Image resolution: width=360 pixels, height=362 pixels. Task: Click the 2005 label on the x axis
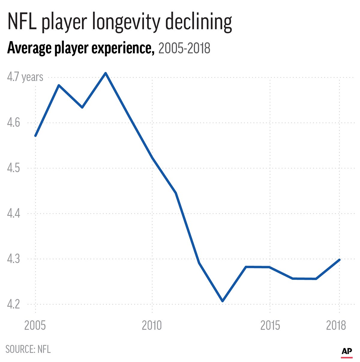(35, 325)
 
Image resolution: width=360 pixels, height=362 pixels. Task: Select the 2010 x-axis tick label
(152, 325)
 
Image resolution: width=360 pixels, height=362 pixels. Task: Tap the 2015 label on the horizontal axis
(270, 325)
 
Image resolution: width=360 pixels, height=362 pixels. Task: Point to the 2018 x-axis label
(336, 325)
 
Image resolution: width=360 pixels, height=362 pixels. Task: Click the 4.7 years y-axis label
(25, 77)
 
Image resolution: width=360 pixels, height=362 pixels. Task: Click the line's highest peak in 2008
(105, 73)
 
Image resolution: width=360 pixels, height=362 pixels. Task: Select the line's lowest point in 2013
(223, 301)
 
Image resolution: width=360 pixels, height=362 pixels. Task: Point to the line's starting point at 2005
(35, 136)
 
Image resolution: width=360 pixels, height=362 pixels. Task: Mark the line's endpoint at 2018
(339, 259)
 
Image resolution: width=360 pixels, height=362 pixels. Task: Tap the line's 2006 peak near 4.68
(59, 85)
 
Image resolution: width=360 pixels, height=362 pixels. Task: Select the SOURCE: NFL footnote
(28, 349)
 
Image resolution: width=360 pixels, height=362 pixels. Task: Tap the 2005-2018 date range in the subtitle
(184, 48)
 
